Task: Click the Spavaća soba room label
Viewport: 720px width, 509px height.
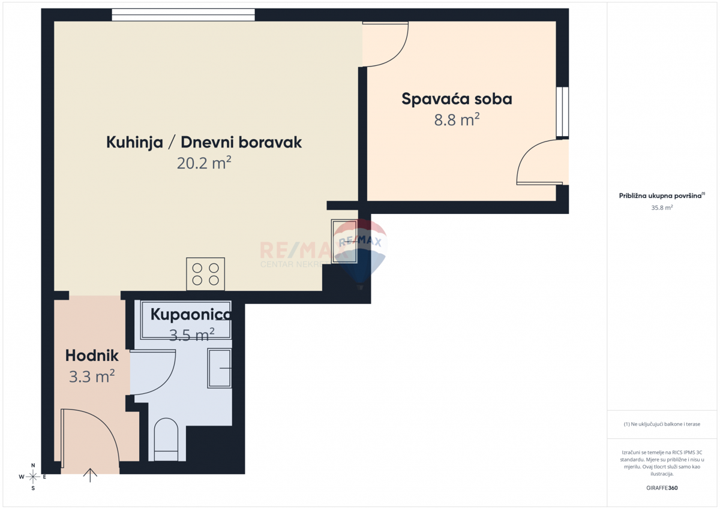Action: point(457,99)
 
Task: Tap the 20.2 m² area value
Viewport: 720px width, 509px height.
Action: point(204,163)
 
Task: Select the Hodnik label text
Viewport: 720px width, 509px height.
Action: point(92,356)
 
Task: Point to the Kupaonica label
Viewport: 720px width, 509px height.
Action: point(190,314)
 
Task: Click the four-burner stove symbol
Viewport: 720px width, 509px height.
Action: point(205,274)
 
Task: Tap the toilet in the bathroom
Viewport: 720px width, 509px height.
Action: point(166,439)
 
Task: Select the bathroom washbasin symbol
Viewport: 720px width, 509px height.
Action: point(220,368)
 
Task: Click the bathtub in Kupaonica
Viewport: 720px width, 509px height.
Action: point(185,321)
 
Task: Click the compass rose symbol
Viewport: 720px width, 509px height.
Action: point(33,477)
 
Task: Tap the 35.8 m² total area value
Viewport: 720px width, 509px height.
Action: point(662,207)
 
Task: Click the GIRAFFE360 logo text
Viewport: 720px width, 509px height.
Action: point(662,488)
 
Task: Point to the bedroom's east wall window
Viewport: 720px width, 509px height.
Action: point(562,113)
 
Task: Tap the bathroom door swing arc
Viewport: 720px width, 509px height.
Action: point(154,374)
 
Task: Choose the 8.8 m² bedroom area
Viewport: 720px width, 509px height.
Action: point(457,120)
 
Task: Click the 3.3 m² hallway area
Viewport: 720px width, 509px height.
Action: point(92,377)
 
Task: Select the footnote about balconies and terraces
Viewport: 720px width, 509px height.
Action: point(662,424)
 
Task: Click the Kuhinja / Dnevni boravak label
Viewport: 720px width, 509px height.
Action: point(204,142)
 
